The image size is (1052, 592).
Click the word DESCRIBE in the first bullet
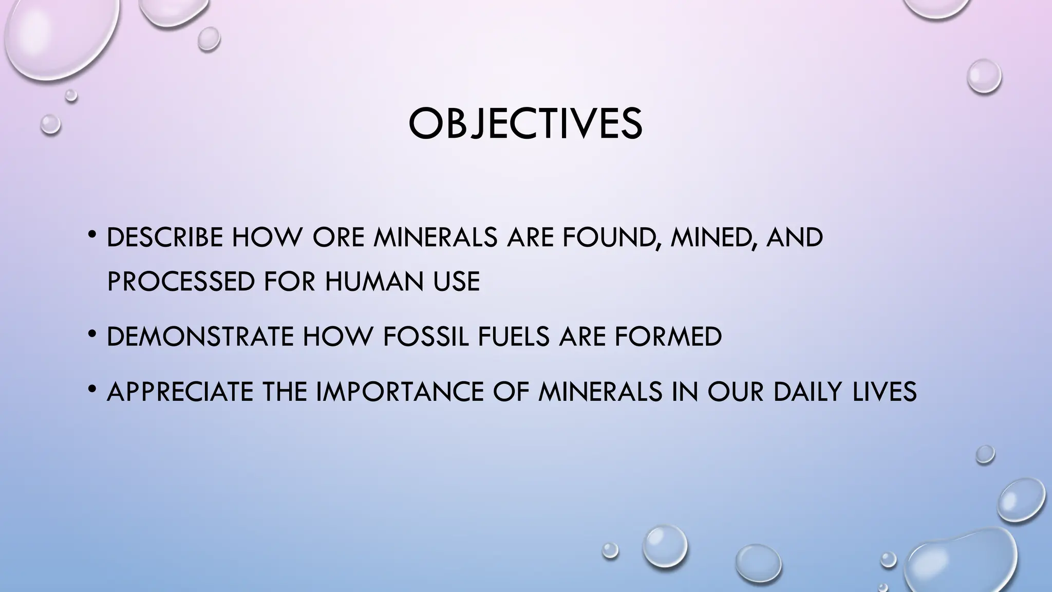[164, 237]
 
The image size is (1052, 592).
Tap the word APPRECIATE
[180, 392]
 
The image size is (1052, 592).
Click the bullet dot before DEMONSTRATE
[92, 335]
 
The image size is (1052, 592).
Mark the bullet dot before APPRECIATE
[92, 390]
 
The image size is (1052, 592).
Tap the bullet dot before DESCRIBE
[92, 236]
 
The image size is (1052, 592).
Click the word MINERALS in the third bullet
[600, 392]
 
